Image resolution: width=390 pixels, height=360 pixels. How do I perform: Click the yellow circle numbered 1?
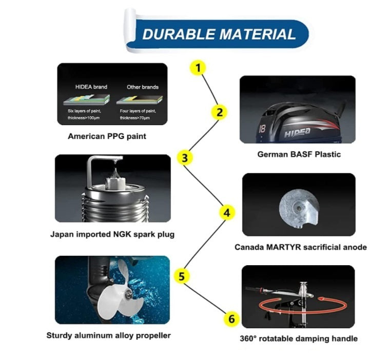click(198, 68)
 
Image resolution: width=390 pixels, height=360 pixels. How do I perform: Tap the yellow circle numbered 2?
click(219, 112)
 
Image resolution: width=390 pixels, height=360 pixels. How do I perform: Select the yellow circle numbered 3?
click(185, 158)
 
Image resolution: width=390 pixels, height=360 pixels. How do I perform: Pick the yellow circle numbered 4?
click(227, 213)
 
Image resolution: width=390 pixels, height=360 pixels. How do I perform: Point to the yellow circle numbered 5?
click(182, 276)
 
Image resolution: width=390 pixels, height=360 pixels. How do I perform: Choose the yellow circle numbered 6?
click(231, 319)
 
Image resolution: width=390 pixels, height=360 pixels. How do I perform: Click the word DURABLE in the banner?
click(179, 34)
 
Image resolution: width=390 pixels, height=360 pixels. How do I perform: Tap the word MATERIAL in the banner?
click(258, 34)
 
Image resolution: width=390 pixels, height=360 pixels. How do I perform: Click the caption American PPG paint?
click(107, 136)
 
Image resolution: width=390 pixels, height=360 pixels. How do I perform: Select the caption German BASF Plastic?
click(299, 154)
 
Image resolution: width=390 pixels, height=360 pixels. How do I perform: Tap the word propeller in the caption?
click(153, 335)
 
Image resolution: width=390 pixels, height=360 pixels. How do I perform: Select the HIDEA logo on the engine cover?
click(297, 132)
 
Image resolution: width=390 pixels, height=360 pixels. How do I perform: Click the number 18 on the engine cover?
click(262, 128)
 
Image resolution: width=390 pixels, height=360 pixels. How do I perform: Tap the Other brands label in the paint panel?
click(143, 87)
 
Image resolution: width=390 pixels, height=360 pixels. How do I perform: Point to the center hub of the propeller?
click(129, 294)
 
